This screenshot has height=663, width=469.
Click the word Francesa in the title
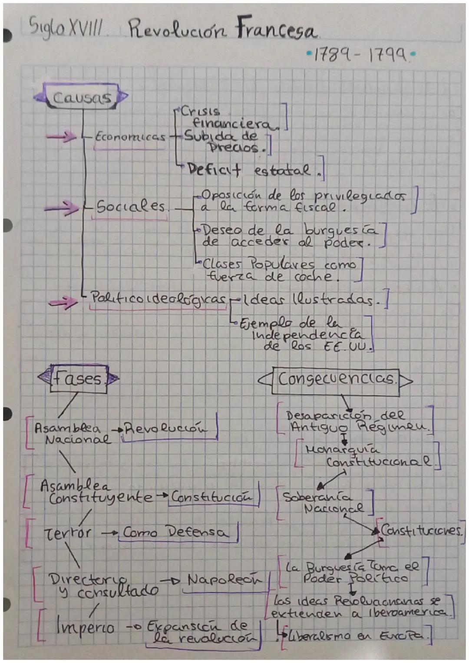pos(276,29)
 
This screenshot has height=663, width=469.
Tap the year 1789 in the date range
pos(333,55)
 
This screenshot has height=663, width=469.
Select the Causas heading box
pos(82,98)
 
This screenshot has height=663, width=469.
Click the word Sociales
pos(131,207)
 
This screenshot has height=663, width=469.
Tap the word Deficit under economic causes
pos(214,170)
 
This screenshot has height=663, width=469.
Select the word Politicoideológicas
pos(158,299)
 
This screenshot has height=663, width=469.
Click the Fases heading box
pos(79,379)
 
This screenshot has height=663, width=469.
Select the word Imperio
pos(85,627)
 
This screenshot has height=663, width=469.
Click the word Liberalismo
pos(318,636)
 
